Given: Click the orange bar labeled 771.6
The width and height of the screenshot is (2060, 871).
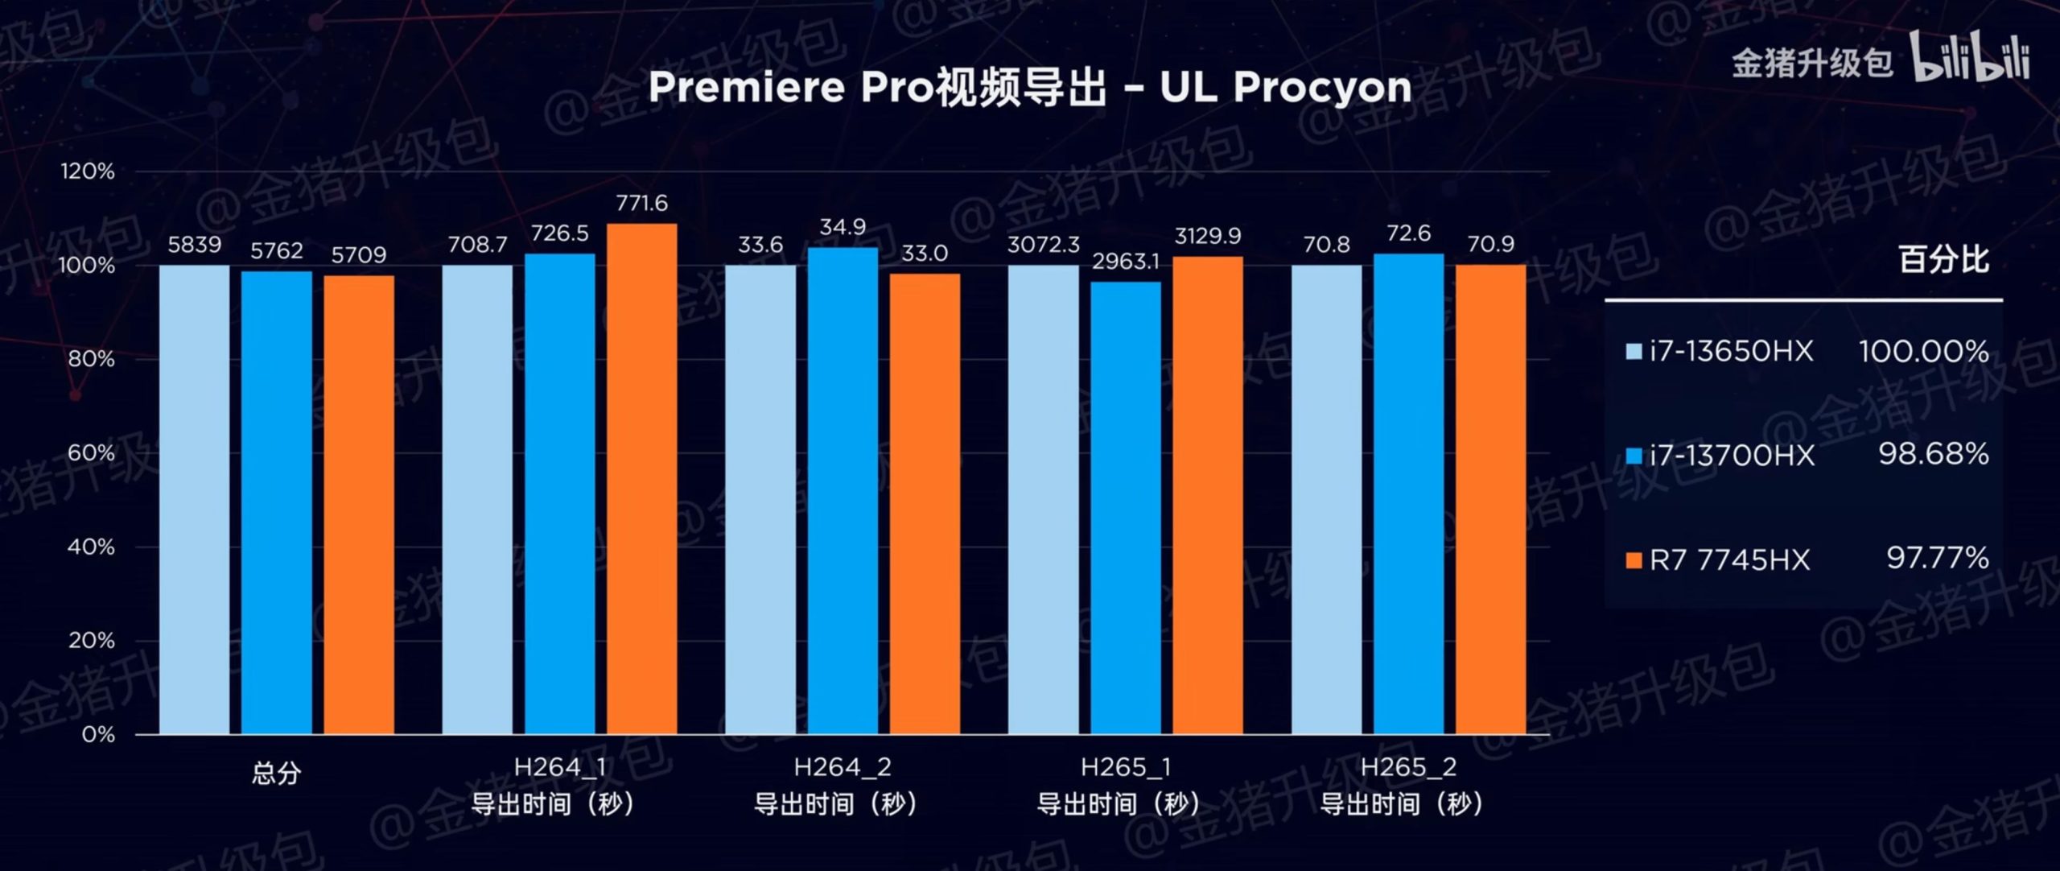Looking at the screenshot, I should (641, 478).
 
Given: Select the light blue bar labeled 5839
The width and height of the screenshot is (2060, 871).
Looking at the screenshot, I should (194, 499).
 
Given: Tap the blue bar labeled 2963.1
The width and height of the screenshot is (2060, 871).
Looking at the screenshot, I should (1126, 507).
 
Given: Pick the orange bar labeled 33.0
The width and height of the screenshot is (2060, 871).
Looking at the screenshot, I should (925, 503).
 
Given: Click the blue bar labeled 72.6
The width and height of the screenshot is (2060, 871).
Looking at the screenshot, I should (1408, 493).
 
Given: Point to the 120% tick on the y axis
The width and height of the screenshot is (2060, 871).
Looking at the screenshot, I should (87, 171).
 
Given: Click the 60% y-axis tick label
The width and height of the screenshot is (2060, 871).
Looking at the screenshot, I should (90, 452).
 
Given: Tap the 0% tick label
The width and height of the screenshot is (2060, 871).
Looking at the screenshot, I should (97, 734).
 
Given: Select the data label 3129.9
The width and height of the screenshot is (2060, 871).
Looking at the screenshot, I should (1207, 236).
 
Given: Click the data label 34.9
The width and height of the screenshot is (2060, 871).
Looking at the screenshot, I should (843, 227).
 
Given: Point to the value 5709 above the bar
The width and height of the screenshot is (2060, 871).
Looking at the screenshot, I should (359, 255).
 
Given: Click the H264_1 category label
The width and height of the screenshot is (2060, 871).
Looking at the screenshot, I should (560, 767).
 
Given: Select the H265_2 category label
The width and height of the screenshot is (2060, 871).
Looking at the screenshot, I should (1408, 767).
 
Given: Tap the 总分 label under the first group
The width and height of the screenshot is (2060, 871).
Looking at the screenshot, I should (276, 774).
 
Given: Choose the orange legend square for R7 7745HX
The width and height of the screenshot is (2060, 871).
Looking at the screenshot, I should (1634, 560).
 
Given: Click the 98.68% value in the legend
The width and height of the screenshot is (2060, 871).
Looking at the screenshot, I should (1933, 454).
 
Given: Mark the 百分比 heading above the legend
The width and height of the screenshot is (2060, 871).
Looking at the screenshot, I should (1943, 259).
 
